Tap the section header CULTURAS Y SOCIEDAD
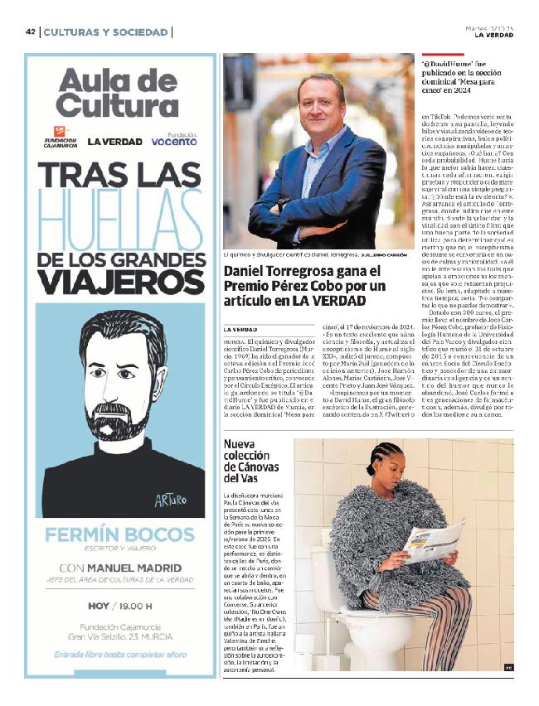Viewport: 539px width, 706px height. (105, 32)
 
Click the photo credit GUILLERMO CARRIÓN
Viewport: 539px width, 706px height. (381, 255)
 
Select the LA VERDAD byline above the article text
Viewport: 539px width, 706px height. (240, 330)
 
